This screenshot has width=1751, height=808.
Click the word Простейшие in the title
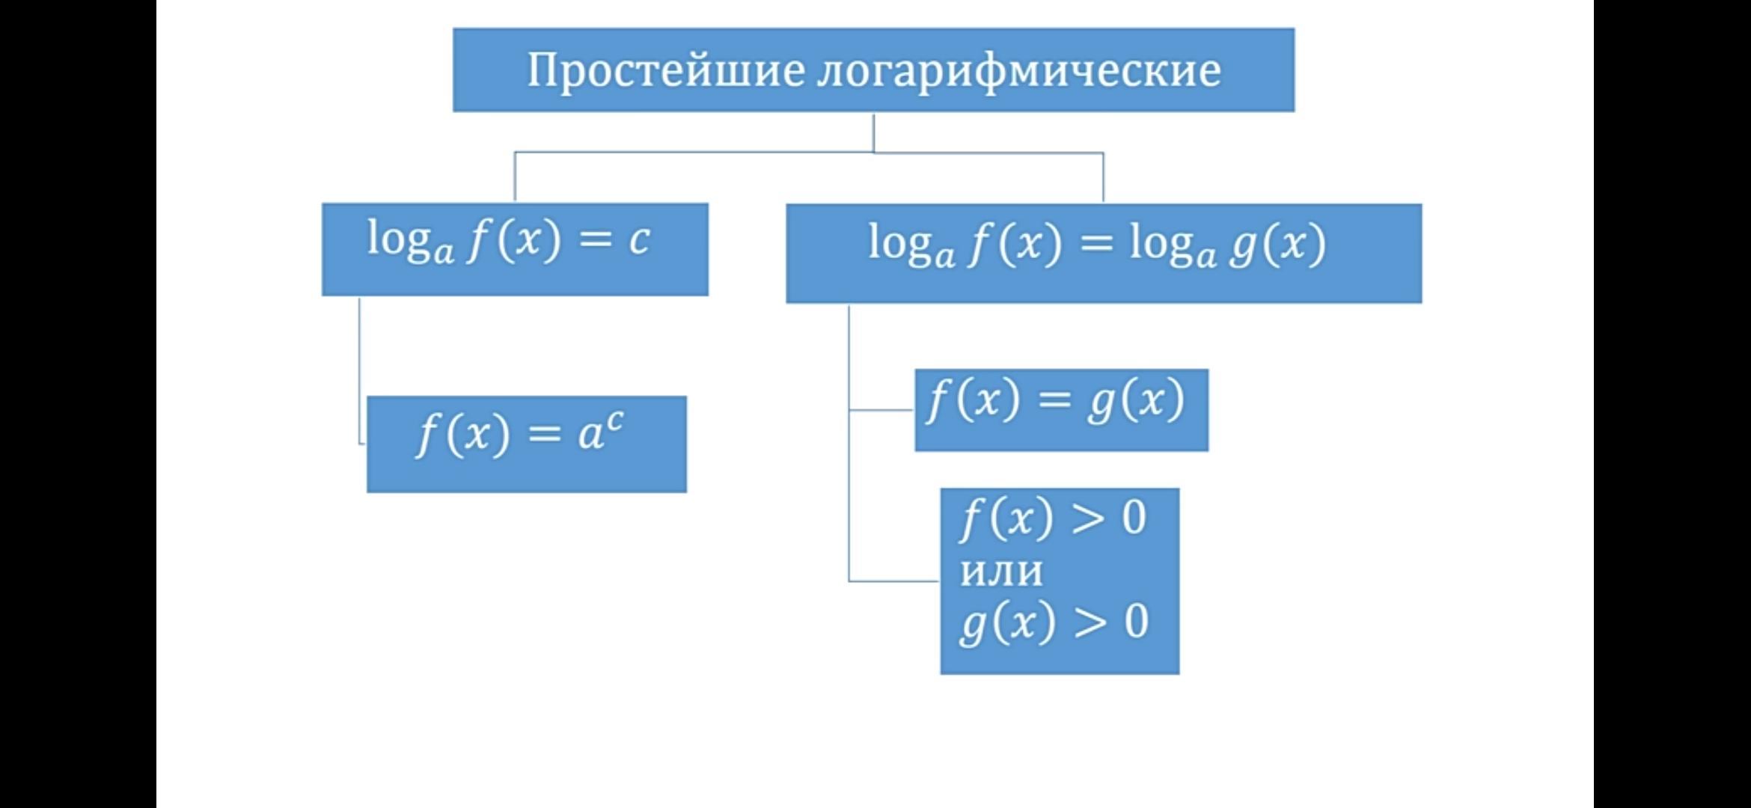(667, 71)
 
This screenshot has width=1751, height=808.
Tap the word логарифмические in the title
(1018, 71)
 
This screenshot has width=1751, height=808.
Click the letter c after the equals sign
(638, 239)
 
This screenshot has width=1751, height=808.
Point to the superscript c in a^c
(614, 421)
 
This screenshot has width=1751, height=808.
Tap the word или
(1001, 571)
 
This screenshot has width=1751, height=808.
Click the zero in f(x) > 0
(1134, 518)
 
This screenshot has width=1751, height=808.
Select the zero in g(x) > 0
(1136, 622)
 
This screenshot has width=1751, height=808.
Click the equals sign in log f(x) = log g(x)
(1096, 243)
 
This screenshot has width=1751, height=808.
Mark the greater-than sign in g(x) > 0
(1090, 622)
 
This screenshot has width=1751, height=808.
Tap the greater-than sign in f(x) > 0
(1087, 518)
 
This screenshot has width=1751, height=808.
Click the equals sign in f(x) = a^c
(544, 433)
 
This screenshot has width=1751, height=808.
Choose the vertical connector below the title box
(874, 132)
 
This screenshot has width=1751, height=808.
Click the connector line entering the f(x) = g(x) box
(881, 410)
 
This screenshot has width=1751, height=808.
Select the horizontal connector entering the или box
(894, 581)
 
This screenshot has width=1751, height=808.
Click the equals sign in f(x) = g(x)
(1054, 400)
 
